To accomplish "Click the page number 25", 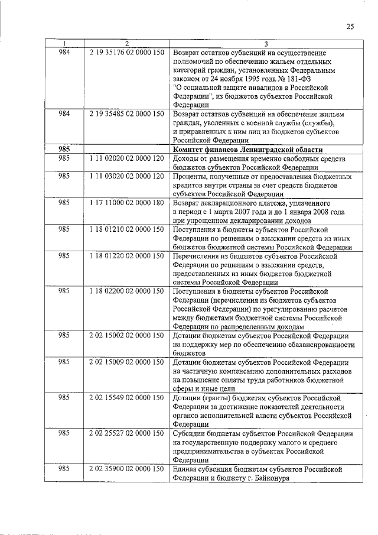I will click(350, 27).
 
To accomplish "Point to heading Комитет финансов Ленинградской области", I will click(247, 150).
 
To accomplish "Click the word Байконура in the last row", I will click(272, 478).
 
